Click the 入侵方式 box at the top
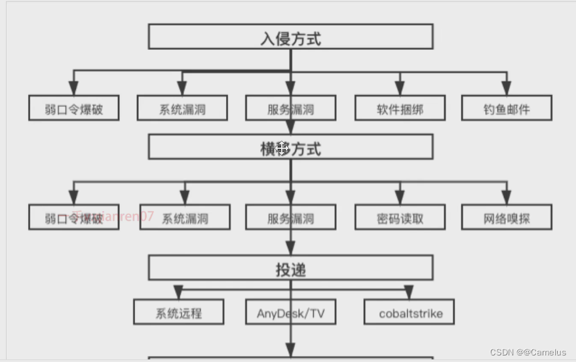click(x=290, y=37)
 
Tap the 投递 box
click(x=290, y=268)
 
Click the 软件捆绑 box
click(x=400, y=108)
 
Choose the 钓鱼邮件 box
click(x=506, y=108)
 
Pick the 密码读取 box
click(x=400, y=218)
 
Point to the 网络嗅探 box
click(x=506, y=218)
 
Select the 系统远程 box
click(x=178, y=312)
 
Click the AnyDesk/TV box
click(x=290, y=312)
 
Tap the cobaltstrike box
click(x=410, y=312)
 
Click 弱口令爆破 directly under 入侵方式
click(x=74, y=108)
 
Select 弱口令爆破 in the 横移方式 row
click(x=74, y=218)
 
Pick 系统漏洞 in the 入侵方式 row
click(x=182, y=108)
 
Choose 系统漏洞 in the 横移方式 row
click(x=185, y=218)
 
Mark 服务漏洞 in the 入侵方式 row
click(x=290, y=108)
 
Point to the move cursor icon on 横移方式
click(x=282, y=148)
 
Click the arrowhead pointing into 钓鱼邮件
click(x=506, y=89)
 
